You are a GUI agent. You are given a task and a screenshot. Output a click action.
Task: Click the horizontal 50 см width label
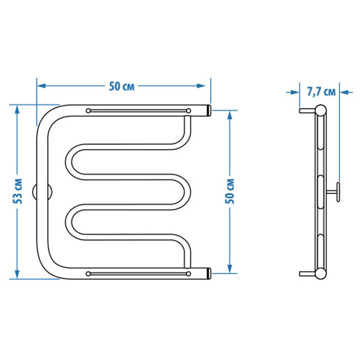tap(121, 87)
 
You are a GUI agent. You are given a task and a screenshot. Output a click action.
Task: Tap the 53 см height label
tap(17, 191)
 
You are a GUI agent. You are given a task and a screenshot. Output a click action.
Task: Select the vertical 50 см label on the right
tap(230, 191)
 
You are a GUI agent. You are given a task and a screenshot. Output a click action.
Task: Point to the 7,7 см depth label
tap(321, 92)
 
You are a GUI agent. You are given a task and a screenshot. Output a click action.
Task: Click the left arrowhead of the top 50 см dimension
tap(41, 86)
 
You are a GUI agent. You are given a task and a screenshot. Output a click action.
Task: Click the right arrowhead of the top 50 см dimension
tap(201, 86)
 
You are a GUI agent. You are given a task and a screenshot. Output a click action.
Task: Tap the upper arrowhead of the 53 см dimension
tap(17, 110)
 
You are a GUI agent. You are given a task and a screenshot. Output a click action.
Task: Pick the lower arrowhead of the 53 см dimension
tap(17, 274)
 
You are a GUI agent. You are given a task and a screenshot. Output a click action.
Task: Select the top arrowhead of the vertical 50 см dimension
tap(230, 115)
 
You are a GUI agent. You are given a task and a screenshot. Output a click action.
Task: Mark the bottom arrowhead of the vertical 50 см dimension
tap(230, 269)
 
